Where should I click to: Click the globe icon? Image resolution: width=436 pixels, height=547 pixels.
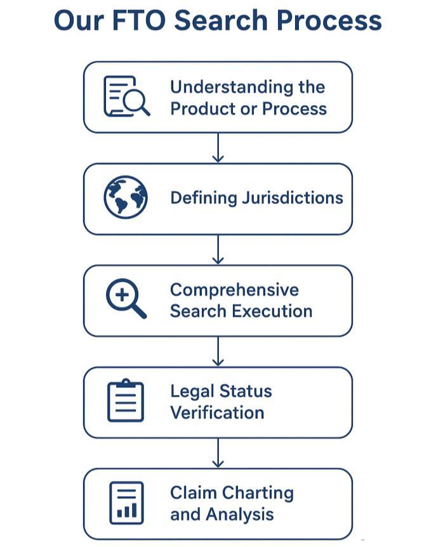pos(126,198)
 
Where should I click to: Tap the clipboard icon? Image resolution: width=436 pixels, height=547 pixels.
pos(126,401)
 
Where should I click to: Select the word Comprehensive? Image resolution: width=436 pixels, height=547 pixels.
pos(234,290)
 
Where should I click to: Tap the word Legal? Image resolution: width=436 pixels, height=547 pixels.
pos(190,391)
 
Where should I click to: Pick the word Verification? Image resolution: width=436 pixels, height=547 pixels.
pos(217,413)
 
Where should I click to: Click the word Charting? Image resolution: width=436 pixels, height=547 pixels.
pos(257,492)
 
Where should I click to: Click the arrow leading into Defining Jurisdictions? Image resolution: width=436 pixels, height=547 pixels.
pos(218,148)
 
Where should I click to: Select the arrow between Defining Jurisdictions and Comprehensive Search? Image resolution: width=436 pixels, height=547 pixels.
pos(218,249)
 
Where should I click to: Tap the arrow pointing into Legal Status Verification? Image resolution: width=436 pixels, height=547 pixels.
pos(218,351)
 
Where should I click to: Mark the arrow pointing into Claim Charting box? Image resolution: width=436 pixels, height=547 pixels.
pos(218,453)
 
